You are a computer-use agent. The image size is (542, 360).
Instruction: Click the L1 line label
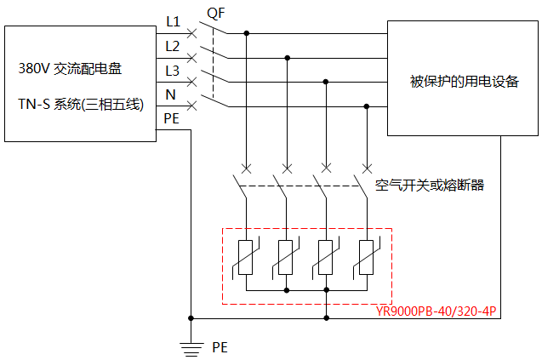click(x=173, y=21)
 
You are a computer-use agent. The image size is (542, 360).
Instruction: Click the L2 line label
click(x=173, y=45)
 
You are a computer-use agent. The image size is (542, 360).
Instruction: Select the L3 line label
click(x=173, y=70)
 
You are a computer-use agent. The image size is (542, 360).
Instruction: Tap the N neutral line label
click(x=170, y=94)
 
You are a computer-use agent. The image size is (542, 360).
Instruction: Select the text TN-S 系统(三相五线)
click(x=82, y=105)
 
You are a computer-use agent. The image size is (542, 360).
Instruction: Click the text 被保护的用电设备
click(x=464, y=82)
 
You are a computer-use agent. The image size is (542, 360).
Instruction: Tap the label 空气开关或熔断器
click(x=430, y=184)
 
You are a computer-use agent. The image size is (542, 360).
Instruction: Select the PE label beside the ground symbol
click(x=220, y=347)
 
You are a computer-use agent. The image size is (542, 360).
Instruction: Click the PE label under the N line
click(x=172, y=118)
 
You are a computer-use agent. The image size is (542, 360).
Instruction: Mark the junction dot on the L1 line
click(x=247, y=33)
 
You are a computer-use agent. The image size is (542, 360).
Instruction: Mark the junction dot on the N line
click(x=367, y=106)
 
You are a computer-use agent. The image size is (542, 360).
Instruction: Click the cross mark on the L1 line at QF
click(x=192, y=33)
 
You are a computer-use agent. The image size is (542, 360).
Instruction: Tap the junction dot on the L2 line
click(x=288, y=58)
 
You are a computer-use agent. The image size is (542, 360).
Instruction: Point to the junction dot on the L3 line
click(x=327, y=82)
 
